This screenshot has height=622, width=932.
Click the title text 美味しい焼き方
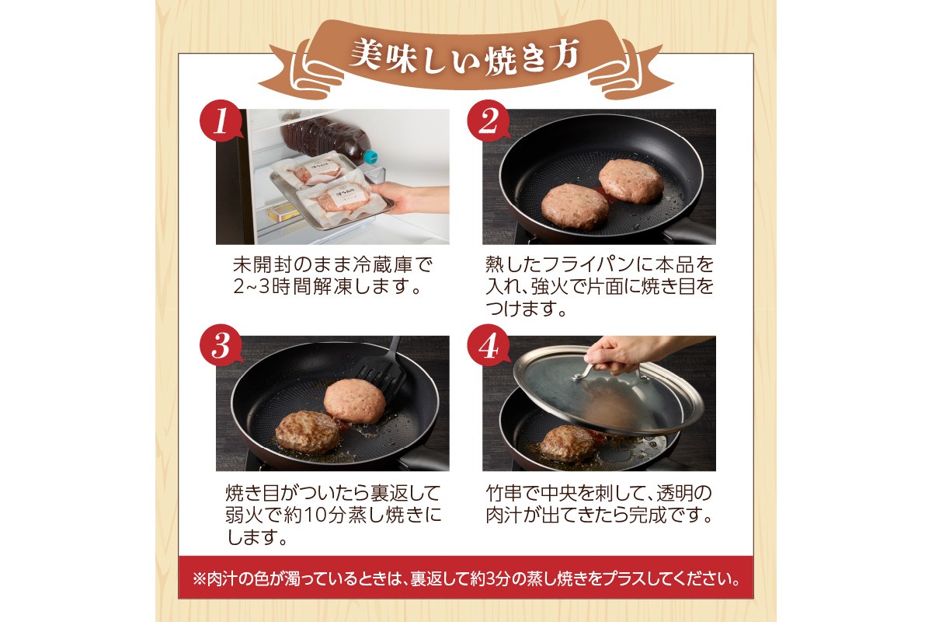[464, 56]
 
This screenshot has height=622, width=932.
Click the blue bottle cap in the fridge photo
[371, 155]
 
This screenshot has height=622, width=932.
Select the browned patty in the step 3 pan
[308, 432]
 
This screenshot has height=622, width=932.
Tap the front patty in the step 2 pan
[574, 206]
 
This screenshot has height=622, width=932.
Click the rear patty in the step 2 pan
[631, 180]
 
